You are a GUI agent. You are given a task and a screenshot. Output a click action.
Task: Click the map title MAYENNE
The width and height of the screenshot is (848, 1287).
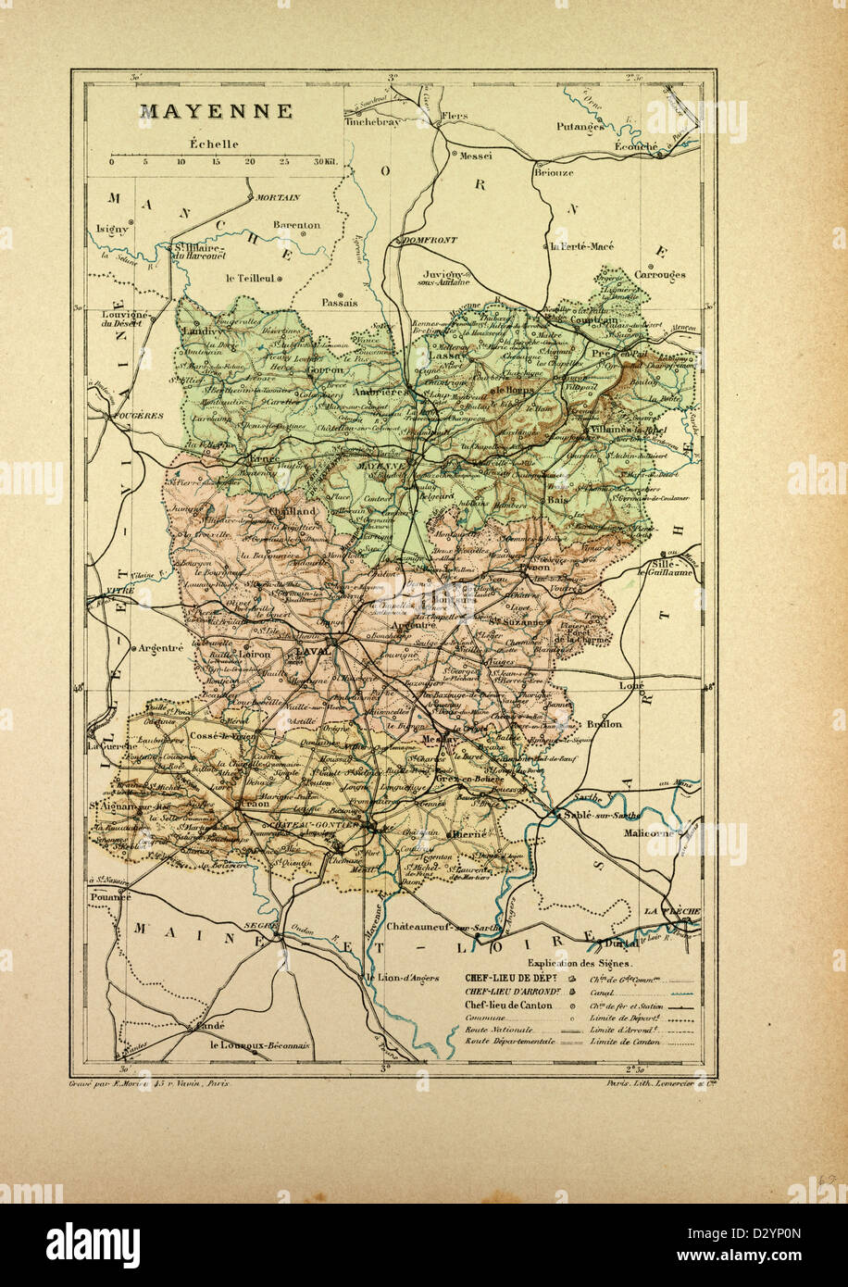[216, 112]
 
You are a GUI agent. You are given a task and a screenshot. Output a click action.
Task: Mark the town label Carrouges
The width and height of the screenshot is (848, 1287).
[660, 275]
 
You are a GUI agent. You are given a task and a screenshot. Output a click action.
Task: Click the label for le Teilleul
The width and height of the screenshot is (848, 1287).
[251, 277]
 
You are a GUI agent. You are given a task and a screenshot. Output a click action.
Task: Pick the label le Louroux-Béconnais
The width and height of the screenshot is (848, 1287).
[260, 1046]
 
